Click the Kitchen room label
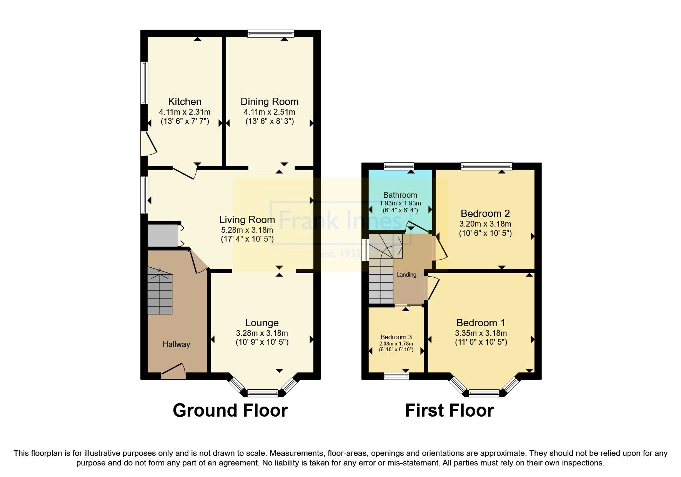[185, 102]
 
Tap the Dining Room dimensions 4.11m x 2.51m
[269, 112]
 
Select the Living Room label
[247, 220]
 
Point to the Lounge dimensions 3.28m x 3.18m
[262, 333]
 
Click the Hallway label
[176, 344]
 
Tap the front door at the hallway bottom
[173, 370]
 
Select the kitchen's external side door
[148, 143]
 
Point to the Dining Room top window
[271, 34]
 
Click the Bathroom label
[400, 195]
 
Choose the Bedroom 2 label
[485, 213]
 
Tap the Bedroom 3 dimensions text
[396, 347]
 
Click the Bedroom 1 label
[481, 323]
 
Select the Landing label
[406, 275]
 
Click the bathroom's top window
[399, 167]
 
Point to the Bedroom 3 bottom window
[396, 376]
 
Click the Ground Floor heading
[230, 410]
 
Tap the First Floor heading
[449, 410]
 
